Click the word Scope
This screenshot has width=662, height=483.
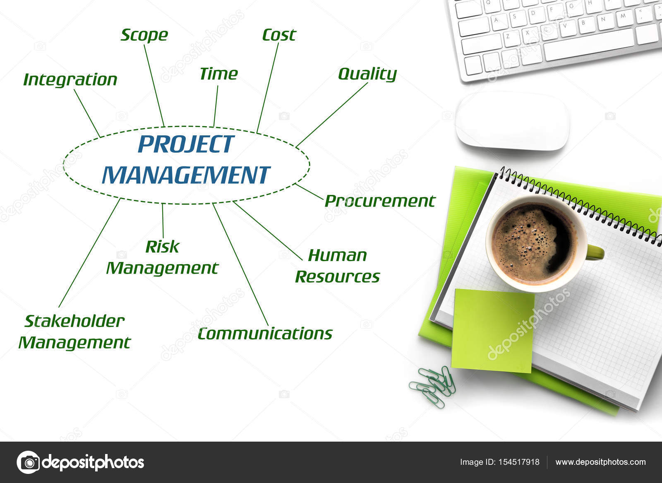coord(144,35)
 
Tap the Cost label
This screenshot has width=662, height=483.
coord(279,35)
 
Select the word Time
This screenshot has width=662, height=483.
coord(218,74)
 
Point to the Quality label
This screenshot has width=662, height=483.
coord(367,74)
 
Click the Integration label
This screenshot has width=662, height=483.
coord(70,79)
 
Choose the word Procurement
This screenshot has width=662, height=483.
coord(380,201)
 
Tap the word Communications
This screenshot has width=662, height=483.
coord(265,334)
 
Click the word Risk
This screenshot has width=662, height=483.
coord(162,247)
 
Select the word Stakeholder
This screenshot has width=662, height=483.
coord(74,321)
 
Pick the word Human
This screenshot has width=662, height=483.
coord(337,255)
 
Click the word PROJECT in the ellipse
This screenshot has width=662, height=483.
coord(186,144)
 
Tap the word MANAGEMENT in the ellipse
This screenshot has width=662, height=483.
coord(186,175)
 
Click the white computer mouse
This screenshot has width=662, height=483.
coord(512,121)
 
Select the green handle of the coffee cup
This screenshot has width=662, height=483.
coord(595,252)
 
